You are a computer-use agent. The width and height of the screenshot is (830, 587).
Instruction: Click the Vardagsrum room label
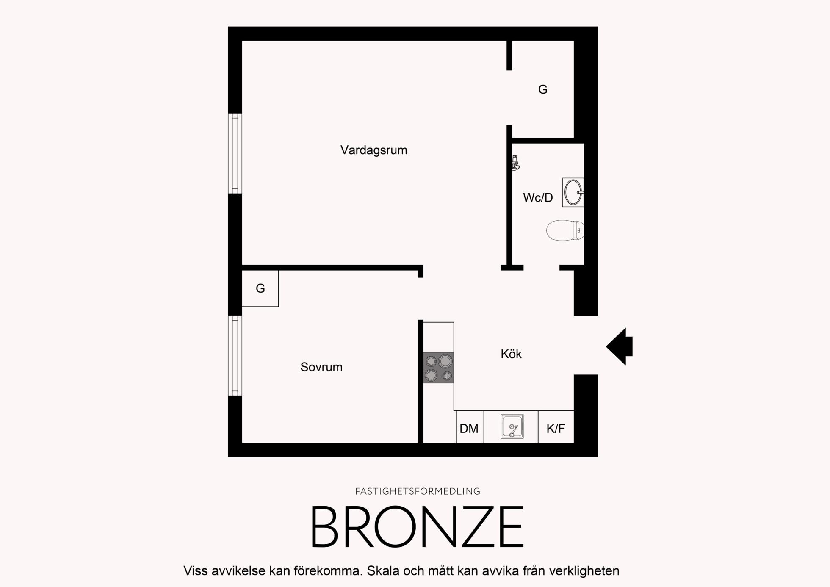[x=373, y=150]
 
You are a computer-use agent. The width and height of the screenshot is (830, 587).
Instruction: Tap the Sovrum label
[x=321, y=367]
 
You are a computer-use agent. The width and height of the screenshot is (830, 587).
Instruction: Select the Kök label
[x=511, y=354]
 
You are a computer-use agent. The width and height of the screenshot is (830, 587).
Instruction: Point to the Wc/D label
[x=538, y=197]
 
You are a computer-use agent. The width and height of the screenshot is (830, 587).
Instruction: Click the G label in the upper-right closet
[x=543, y=89]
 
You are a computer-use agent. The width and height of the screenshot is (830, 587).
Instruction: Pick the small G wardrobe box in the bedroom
[x=260, y=288]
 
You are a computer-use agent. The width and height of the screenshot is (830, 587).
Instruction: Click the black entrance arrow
[x=620, y=346]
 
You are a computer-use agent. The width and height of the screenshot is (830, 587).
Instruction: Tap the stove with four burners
[x=439, y=368]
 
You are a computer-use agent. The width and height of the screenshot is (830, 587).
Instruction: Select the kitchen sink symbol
[x=512, y=426]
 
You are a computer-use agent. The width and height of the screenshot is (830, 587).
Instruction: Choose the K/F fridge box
[x=556, y=427]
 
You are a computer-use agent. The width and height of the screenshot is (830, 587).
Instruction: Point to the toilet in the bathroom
[x=565, y=230]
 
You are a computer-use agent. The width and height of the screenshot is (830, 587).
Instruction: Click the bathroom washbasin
[x=573, y=192]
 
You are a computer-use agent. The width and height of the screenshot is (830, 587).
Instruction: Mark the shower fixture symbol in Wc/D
[x=515, y=163]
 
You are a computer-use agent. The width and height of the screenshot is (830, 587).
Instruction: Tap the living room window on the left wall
[x=235, y=153]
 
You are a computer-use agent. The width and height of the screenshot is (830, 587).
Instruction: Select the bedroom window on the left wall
[x=235, y=355]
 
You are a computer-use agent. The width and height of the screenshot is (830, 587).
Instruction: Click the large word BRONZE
[x=418, y=526]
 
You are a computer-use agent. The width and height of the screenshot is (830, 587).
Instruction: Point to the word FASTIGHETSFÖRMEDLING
[x=418, y=491]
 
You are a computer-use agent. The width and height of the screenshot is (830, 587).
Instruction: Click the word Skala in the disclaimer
[x=383, y=571]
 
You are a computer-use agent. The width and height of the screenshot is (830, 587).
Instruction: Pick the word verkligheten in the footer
[x=584, y=571]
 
